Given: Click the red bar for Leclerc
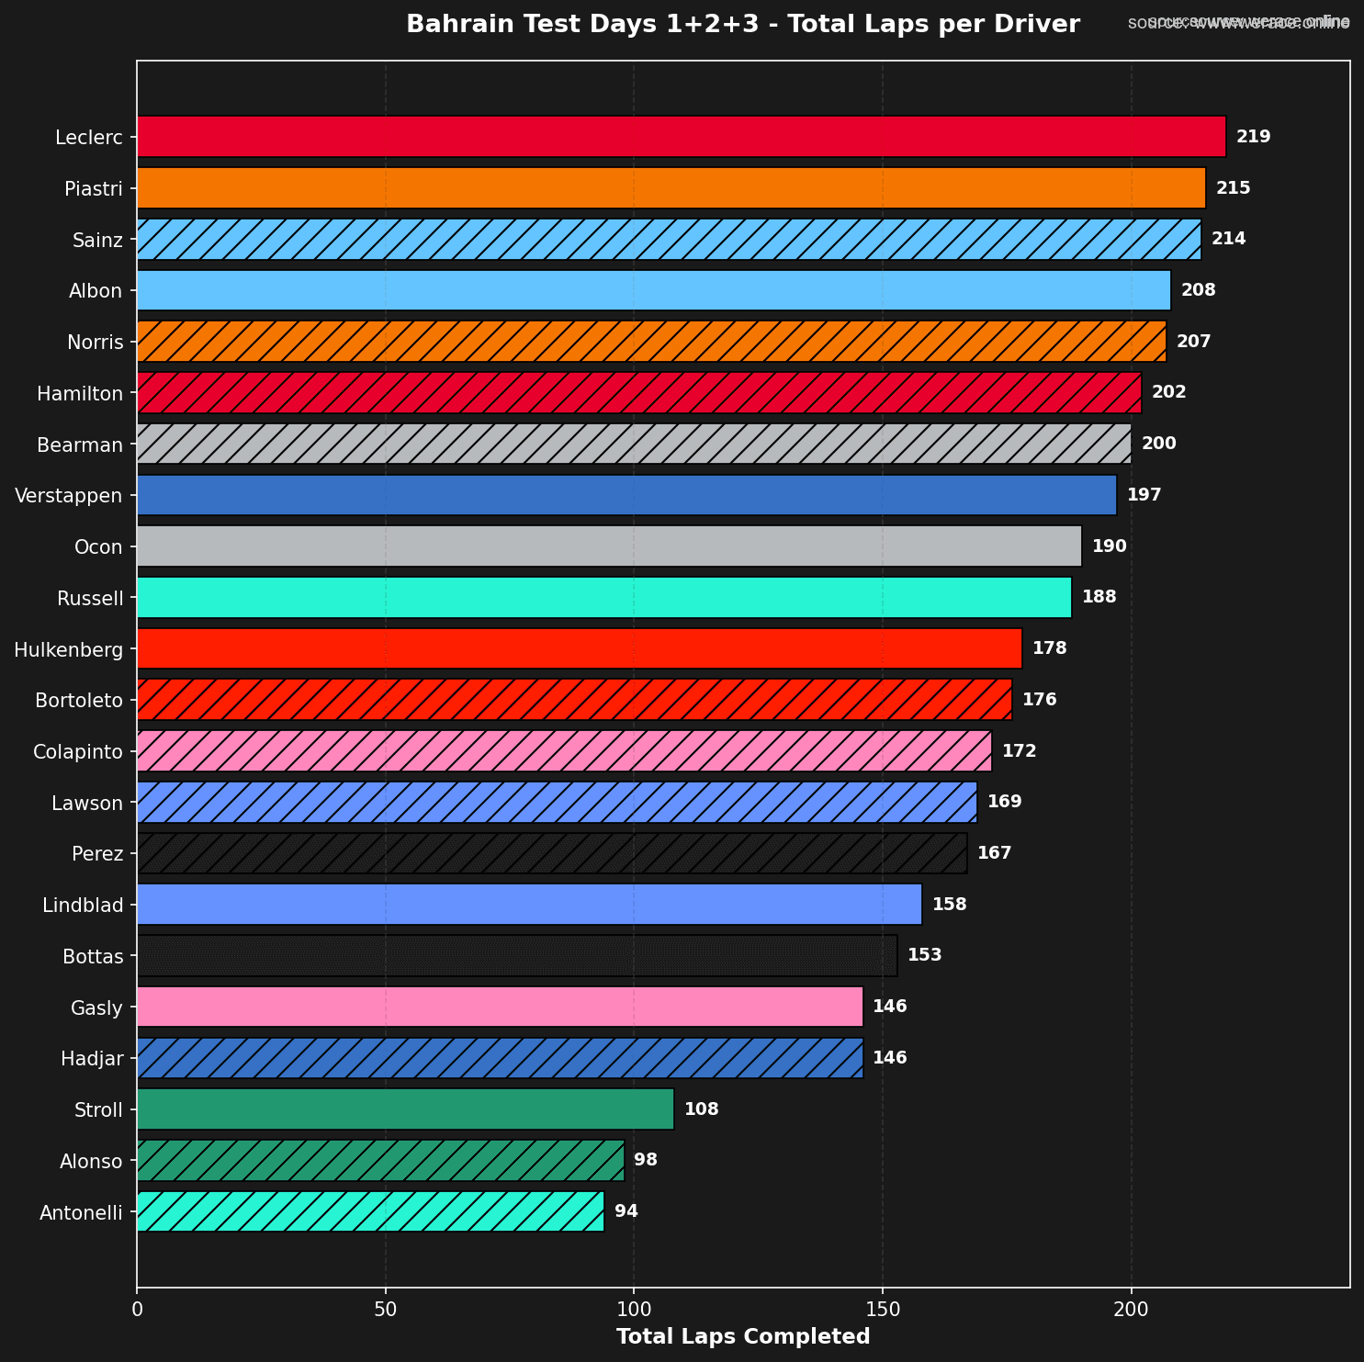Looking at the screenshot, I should (x=681, y=137).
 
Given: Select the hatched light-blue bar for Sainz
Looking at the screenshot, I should (x=669, y=239).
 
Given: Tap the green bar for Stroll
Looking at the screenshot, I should (x=405, y=1109).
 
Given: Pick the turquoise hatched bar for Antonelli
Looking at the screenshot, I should (x=370, y=1211).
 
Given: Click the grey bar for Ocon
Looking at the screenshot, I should (x=609, y=546).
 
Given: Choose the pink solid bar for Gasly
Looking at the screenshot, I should (x=500, y=1007).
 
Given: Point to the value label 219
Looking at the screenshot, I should (x=1253, y=137).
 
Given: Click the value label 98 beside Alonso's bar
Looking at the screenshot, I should (x=646, y=1160).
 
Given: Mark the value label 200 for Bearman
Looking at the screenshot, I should (x=1158, y=444).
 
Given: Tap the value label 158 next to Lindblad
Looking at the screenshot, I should (x=949, y=905).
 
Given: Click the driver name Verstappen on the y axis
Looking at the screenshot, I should (x=68, y=496).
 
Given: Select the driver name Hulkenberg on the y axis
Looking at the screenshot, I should (x=68, y=650).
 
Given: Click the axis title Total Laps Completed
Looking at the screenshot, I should (x=742, y=1336).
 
